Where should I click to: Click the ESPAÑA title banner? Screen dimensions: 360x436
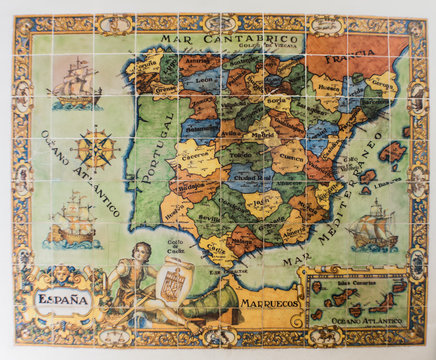coord(63,299)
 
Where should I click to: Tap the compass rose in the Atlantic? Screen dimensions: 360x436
coord(97,149)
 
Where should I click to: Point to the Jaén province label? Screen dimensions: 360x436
coord(258,200)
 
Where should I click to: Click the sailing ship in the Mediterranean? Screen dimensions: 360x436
coord(371,225)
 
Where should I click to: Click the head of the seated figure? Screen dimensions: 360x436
coord(142,250)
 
